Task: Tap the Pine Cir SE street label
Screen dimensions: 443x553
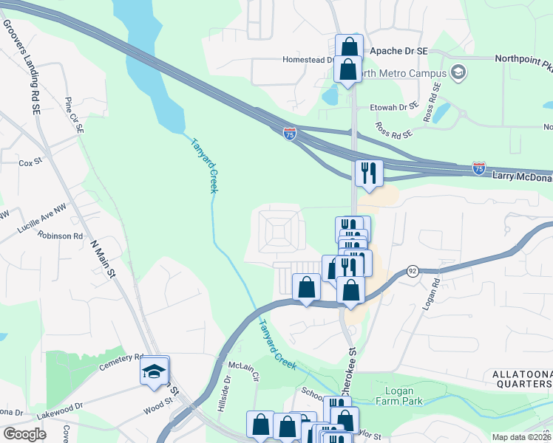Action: [x=75, y=115]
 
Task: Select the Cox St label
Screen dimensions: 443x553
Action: [x=30, y=162]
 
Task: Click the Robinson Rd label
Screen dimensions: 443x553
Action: [x=62, y=236]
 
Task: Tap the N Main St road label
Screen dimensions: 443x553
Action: [x=104, y=258]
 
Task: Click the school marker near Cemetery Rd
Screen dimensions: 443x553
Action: [x=154, y=371]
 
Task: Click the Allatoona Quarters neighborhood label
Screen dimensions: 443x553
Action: [x=521, y=380]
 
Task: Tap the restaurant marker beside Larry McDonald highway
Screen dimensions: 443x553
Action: [x=367, y=174]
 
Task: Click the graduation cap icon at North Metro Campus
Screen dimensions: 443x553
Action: [x=458, y=72]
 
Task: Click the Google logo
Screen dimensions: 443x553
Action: [x=24, y=434]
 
